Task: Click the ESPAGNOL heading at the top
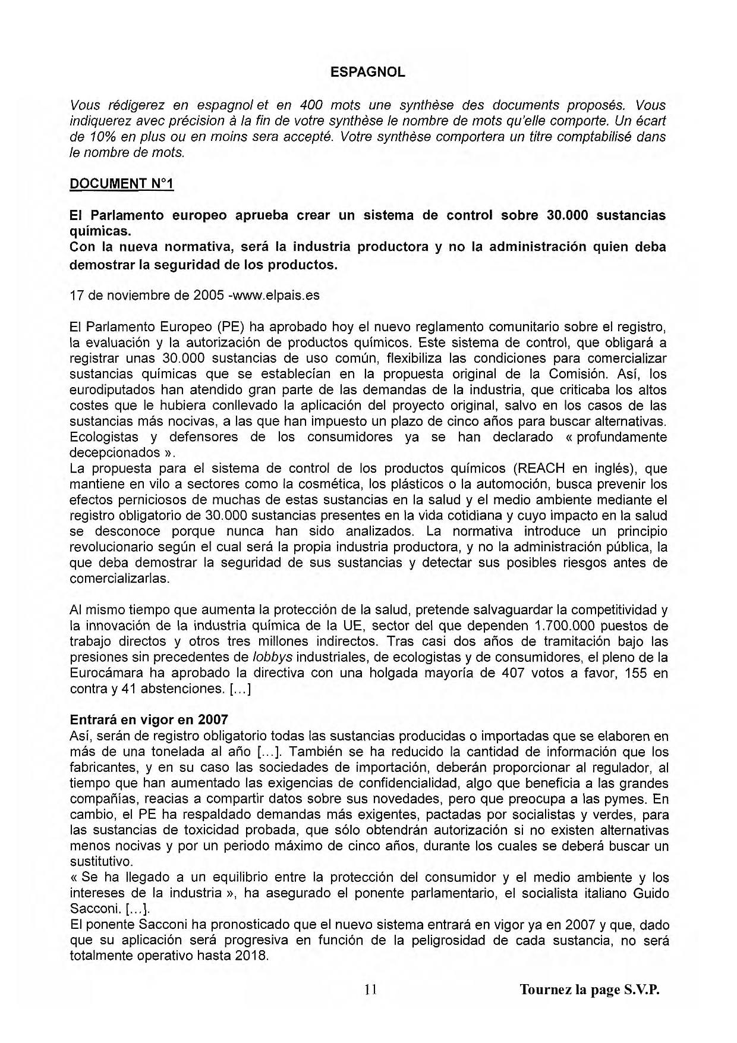pos(368,73)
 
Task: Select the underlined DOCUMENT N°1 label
pos(121,184)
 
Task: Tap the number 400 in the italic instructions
pos(310,105)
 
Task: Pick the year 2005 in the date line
pos(207,295)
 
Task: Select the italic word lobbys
pos(272,657)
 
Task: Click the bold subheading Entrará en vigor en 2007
pos(149,720)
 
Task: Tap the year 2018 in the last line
pos(252,956)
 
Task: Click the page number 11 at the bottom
pos(371,989)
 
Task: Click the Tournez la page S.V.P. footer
pos(590,990)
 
